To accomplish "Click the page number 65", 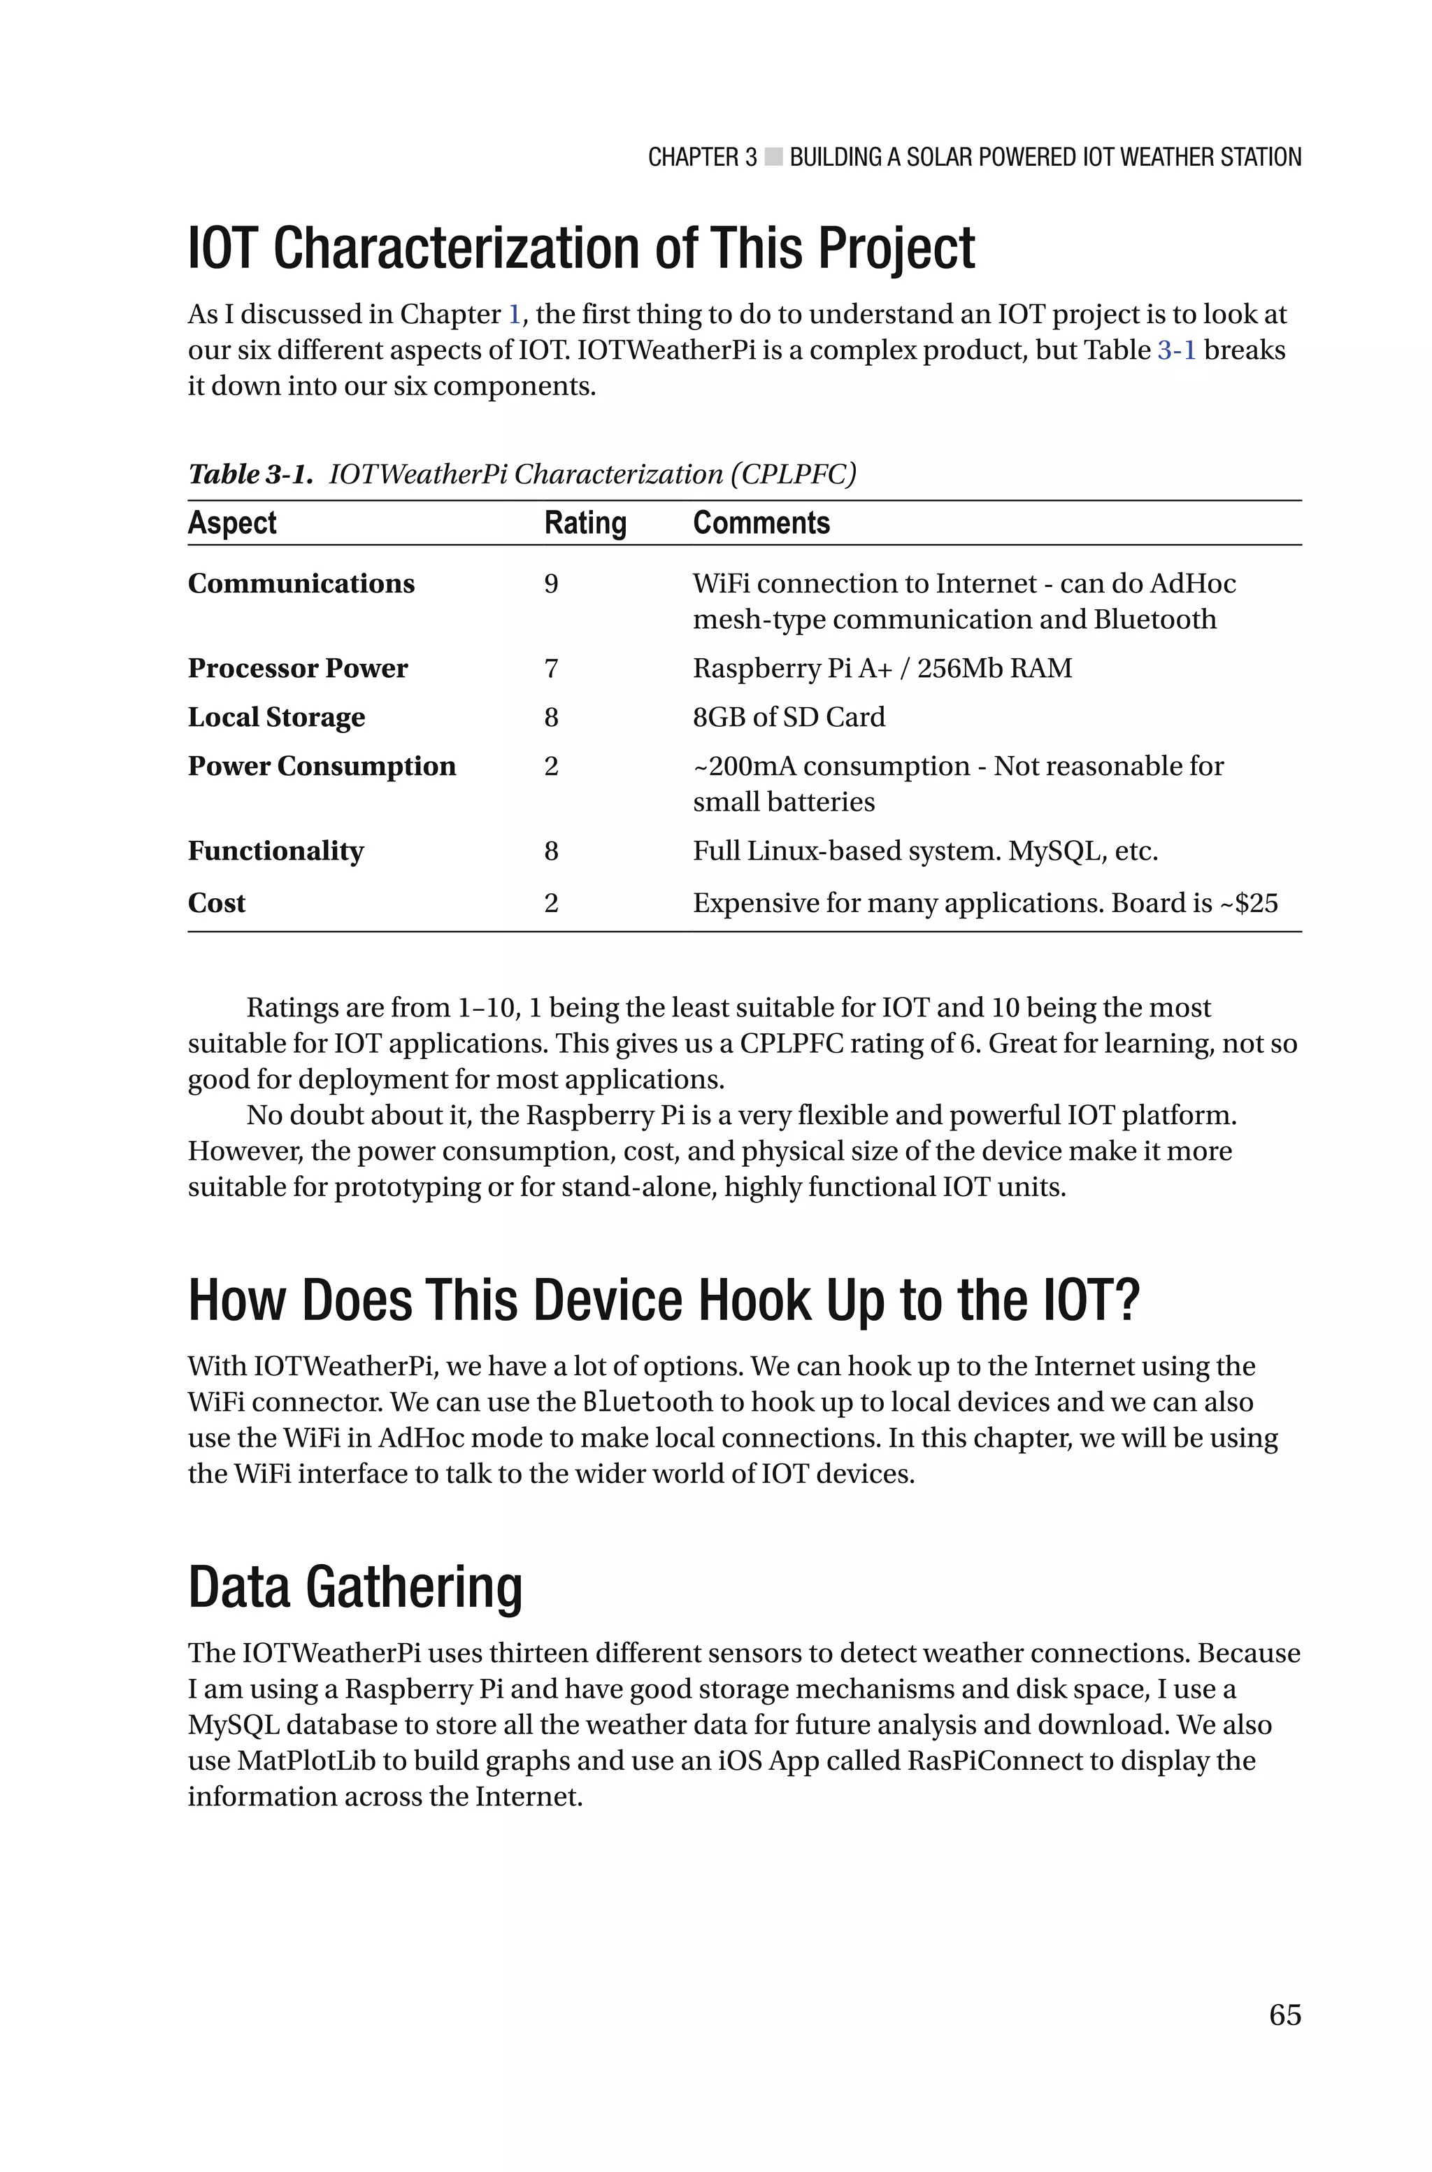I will pos(1284,2014).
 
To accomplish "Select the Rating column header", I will pos(585,523).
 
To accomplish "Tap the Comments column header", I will pos(761,523).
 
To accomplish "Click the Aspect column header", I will pos(232,523).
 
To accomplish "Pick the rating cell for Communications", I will pos(551,583).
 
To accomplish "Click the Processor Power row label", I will pos(298,669).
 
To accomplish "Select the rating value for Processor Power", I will pos(551,669).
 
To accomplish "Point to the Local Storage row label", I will pos(275,717).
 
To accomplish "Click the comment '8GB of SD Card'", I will pos(788,717).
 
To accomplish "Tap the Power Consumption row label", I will pos(322,765).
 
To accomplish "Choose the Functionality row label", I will pos(275,851).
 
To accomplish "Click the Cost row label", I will pos(217,903).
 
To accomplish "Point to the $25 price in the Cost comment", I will pos(1256,903).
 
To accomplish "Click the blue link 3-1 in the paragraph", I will pos(1176,350).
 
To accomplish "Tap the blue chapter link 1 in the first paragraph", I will pos(514,314).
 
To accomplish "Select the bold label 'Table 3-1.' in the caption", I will pos(250,474).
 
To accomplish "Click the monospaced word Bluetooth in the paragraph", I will pos(647,1402).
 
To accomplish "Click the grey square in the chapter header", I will pos(773,157).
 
